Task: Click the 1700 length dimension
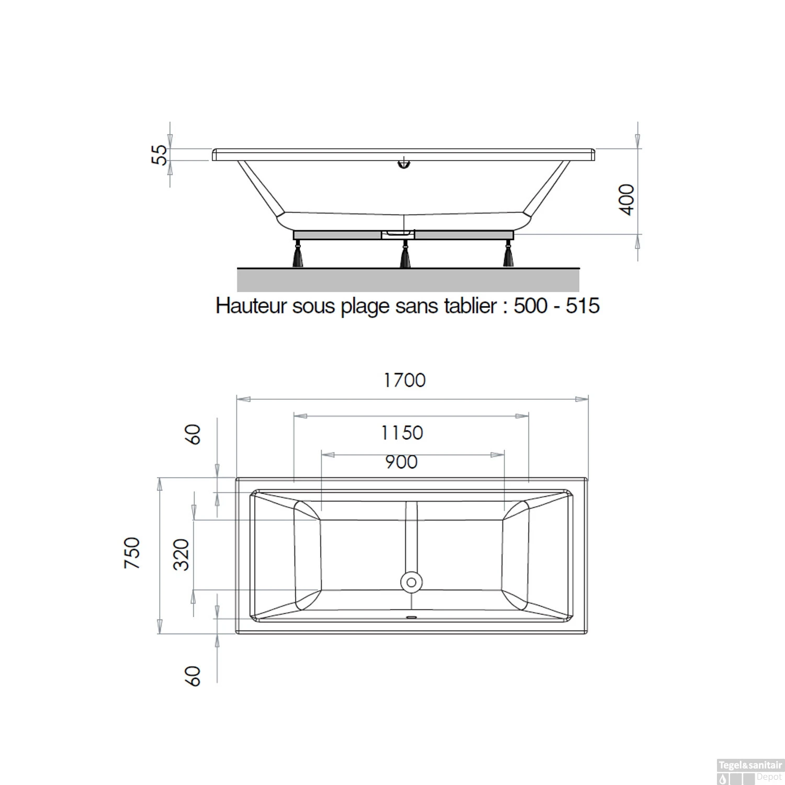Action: [405, 380]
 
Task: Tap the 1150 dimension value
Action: [402, 433]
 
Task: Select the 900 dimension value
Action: [401, 462]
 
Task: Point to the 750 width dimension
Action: [132, 553]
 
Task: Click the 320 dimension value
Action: [182, 554]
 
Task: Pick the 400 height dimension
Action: [626, 199]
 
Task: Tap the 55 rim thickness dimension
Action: [160, 155]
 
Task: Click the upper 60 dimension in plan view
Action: [193, 434]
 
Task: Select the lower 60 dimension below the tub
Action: [193, 676]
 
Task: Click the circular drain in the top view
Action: [411, 582]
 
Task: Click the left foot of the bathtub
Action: [298, 255]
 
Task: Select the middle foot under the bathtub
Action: [405, 256]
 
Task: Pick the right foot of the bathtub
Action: [508, 255]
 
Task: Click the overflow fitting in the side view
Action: [403, 164]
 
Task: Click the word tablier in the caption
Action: [470, 306]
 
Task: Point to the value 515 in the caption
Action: [582, 306]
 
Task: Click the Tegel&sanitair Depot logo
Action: [749, 771]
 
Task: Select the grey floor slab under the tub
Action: [408, 280]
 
